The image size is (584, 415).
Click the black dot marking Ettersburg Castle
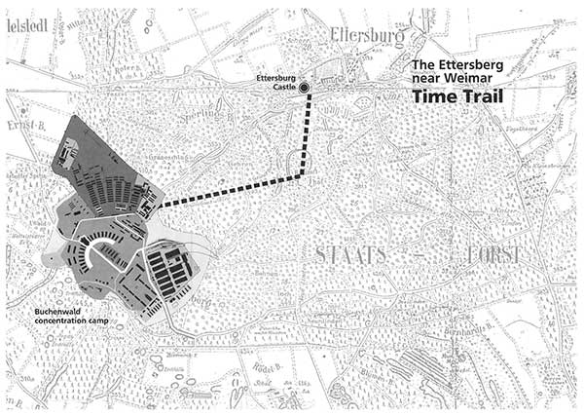click(x=304, y=88)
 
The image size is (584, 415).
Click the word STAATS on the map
click(x=351, y=253)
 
